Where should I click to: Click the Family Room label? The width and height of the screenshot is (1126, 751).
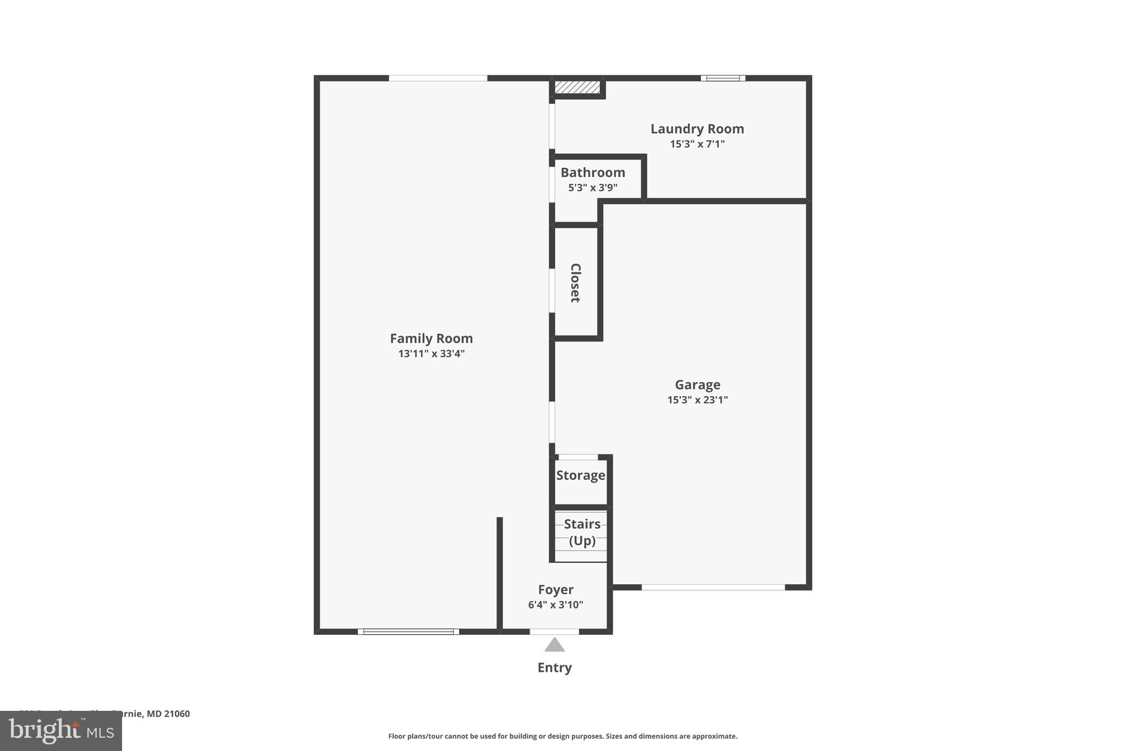431,338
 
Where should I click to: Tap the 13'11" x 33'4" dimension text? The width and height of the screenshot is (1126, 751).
431,354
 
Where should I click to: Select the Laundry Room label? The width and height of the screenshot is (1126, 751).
697,129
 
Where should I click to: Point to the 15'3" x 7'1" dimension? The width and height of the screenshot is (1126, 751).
697,144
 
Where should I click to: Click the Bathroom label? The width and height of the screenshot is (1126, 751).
593,172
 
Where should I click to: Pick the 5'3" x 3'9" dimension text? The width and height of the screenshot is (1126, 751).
593,188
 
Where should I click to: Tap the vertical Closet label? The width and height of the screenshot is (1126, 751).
575,283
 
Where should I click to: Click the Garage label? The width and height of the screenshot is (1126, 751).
697,385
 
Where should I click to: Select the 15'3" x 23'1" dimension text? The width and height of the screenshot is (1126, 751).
697,400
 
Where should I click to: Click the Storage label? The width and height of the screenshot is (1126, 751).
581,475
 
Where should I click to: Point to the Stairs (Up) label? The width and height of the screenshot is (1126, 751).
582,532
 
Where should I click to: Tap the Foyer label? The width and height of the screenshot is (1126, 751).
555,590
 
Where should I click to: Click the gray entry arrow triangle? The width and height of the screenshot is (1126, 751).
554,645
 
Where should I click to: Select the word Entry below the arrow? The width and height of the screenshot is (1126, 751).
554,667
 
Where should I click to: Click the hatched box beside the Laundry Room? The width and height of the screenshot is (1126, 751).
577,87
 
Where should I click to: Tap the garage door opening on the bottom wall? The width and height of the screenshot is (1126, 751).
713,588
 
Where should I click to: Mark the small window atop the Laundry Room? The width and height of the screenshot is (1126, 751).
723,78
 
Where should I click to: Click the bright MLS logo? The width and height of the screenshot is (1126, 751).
61,731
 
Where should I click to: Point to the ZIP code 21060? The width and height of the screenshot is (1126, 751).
176,714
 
